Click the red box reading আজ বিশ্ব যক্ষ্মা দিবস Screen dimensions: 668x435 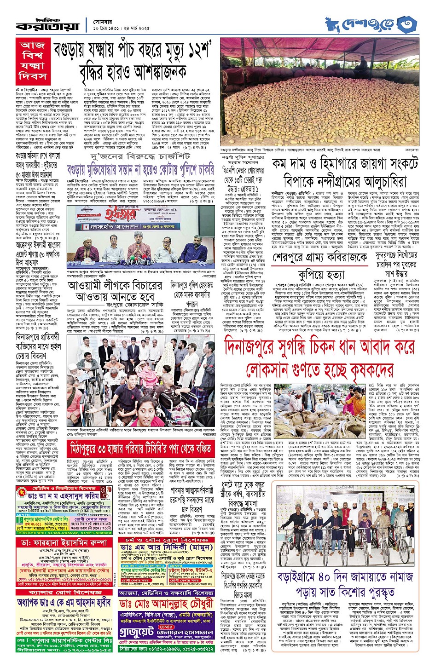pyautogui.click(x=33, y=60)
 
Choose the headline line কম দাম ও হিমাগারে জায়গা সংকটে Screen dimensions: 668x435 pyautogui.click(x=345, y=164)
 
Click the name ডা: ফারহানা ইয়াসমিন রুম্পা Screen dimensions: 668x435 pyautogui.click(x=65, y=543)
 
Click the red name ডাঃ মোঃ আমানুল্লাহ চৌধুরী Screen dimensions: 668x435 pyautogui.click(x=167, y=604)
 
